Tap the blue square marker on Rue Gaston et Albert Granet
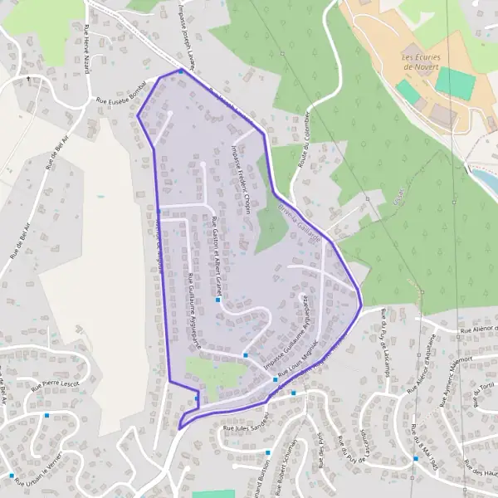click(217, 300)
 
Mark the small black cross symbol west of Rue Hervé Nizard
click(28, 79)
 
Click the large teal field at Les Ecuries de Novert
click(455, 82)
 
